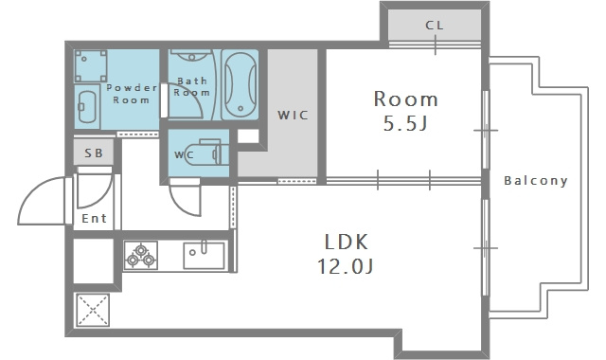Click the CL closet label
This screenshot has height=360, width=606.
click(435, 26)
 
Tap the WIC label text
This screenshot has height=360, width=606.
click(293, 115)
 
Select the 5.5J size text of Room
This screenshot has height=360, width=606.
click(405, 123)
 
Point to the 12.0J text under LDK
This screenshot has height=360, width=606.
click(345, 266)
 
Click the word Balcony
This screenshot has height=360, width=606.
click(536, 181)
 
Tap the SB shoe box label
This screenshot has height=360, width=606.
click(94, 153)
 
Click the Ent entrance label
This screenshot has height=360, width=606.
click(94, 219)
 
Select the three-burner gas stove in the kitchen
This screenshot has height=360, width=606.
click(141, 255)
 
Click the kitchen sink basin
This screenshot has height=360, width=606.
click(204, 255)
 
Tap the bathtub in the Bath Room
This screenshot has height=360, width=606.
click(240, 84)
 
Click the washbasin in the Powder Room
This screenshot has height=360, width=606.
click(87, 107)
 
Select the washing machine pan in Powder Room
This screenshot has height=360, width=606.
click(91, 65)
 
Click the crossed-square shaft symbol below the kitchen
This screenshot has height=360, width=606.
click(93, 310)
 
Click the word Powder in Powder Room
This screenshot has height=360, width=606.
click(132, 88)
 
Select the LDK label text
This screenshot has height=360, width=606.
click(346, 243)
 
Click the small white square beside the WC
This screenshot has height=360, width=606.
click(248, 136)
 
